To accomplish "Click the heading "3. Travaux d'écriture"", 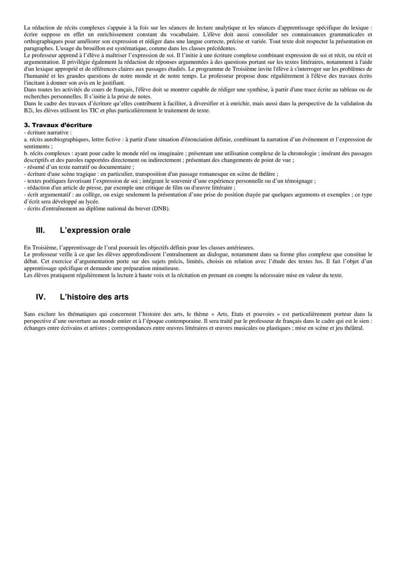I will pyautogui.click(x=58, y=125).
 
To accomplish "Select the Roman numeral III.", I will pyautogui.click(x=40, y=230).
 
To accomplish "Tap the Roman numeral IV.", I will pyautogui.click(x=41, y=297).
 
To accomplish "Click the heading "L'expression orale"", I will pyautogui.click(x=95, y=230).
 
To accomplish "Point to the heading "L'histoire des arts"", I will pyautogui.click(x=94, y=297).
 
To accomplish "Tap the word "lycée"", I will pyautogui.click(x=91, y=202).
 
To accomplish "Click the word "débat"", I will pyautogui.click(x=31, y=261).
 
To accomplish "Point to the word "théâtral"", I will pyautogui.click(x=353, y=328).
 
